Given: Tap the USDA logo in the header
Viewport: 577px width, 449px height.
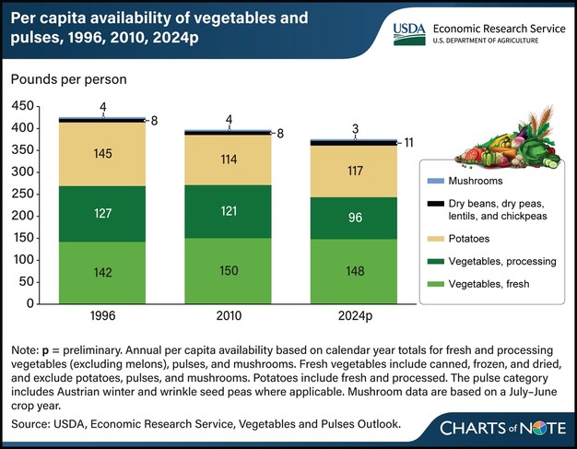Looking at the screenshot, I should click(x=409, y=33).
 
